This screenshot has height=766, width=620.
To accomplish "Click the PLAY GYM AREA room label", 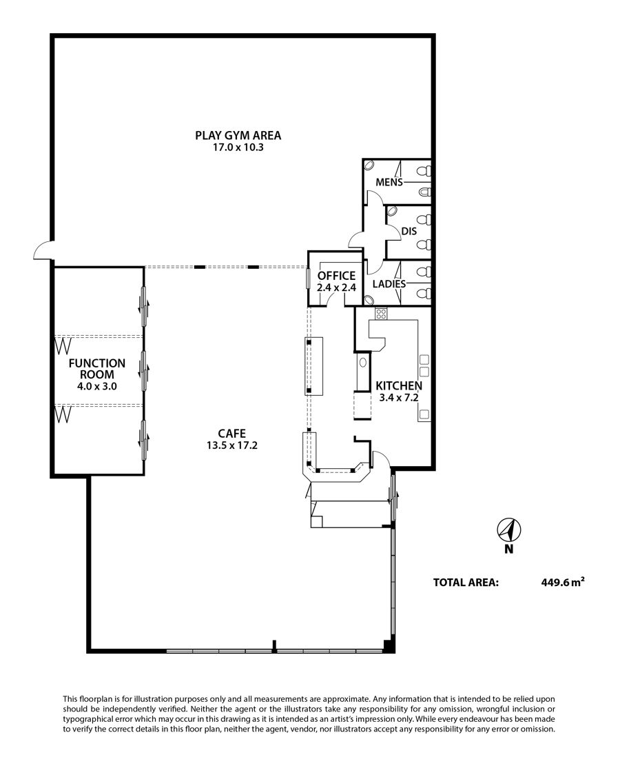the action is [x=238, y=135].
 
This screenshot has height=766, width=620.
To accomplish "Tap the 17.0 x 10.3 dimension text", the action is [x=238, y=148].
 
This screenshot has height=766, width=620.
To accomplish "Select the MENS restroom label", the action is [x=389, y=182].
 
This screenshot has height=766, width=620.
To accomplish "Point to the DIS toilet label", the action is [x=409, y=231].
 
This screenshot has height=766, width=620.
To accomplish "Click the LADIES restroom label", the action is [x=389, y=284].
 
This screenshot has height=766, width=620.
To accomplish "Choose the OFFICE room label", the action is [x=336, y=276].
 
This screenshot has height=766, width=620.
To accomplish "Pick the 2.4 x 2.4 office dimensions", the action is [x=336, y=288].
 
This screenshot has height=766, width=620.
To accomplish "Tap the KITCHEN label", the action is [x=399, y=386].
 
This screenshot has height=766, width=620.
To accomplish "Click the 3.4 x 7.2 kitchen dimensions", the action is [x=399, y=398].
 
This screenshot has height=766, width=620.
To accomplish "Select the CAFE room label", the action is [x=232, y=433].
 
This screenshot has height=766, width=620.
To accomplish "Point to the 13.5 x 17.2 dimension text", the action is [x=232, y=445].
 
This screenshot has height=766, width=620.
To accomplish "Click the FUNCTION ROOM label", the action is [x=96, y=369].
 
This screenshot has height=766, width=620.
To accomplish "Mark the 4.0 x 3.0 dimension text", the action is [x=96, y=386].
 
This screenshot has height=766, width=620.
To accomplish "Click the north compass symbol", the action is [x=508, y=530].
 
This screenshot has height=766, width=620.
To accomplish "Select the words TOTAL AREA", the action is [x=466, y=583].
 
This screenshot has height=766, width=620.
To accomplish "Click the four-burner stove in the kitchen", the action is [x=381, y=314].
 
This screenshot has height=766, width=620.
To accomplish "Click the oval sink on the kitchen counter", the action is [x=362, y=363].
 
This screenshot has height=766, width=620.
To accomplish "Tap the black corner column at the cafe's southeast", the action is [x=388, y=646].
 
